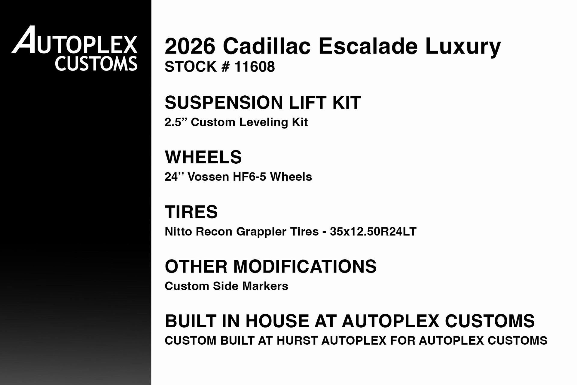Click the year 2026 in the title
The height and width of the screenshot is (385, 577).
[190, 46]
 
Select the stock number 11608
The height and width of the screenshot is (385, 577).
[254, 66]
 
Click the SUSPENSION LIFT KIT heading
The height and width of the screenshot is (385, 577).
[263, 103]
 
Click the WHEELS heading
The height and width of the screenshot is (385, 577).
[203, 157]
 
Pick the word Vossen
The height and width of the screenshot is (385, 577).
[208, 177]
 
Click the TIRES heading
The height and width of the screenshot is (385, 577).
[191, 212]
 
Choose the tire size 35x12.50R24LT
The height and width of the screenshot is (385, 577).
[373, 232]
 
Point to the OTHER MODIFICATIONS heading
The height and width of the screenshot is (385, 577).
[270, 266]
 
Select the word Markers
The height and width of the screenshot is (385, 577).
[265, 286]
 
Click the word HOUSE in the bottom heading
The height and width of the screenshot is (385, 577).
[277, 321]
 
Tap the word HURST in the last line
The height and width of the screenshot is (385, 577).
[297, 341]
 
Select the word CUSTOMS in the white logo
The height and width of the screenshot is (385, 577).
[96, 64]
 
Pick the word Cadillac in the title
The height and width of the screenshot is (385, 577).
[267, 46]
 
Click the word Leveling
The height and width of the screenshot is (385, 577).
[263, 122]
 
